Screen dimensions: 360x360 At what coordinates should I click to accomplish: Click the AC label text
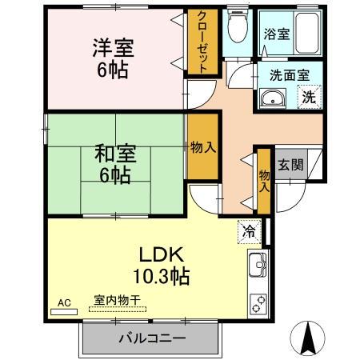coord(66,302)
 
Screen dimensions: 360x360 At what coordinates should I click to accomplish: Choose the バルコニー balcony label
coord(152,338)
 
